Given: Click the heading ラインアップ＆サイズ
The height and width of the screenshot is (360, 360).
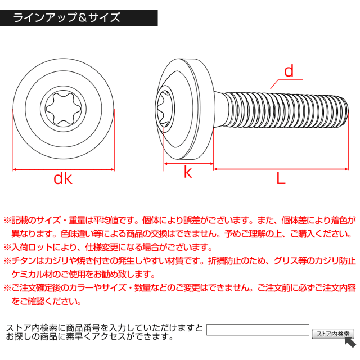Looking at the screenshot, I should pos(67,17).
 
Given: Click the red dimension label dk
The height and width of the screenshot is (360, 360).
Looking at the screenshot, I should pos(63,178).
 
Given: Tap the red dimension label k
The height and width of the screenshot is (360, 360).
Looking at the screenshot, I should pos(188,173).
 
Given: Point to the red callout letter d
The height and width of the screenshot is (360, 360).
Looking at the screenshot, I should pos(289,71).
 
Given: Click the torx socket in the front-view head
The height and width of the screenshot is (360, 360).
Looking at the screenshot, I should pos(63,107).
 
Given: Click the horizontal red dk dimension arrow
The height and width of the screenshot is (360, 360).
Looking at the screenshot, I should pos(63,168).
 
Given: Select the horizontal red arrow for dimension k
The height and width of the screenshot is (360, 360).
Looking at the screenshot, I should pos(188,164).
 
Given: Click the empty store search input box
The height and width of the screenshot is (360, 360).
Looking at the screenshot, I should pos(258,330).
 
